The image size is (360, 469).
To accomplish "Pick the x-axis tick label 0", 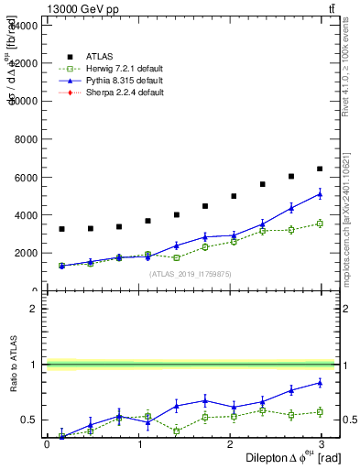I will pos(47,444).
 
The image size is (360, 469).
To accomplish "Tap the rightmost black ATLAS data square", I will pos(320,169).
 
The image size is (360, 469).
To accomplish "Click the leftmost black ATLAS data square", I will pos(61,229).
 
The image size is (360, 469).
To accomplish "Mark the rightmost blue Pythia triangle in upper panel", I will pos(320,193).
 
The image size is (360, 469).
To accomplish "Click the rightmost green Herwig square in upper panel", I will pos(320,223).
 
